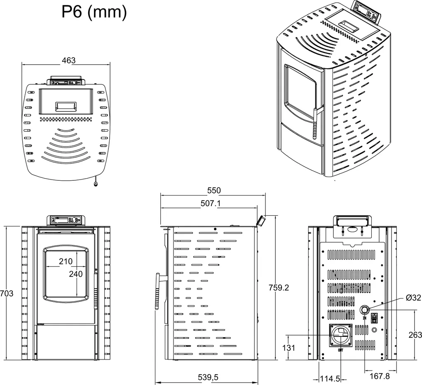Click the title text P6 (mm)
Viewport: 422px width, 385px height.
pos(94,12)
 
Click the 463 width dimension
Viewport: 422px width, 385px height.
pos(68,60)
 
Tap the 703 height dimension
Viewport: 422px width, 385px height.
pos(7,294)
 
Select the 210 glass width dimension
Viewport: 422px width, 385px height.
pos(66,261)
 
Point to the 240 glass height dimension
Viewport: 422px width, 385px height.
pos(76,274)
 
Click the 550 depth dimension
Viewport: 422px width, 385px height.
pos(214,190)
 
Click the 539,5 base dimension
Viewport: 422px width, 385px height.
pos(209,378)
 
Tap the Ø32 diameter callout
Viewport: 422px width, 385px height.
pos(413,298)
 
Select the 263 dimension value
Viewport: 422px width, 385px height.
pos(415,335)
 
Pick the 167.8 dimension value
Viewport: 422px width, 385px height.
pos(379,376)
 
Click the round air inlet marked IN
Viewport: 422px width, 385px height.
pos(365,310)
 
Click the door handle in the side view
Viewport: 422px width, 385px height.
pos(157,291)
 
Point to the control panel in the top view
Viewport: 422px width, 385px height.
pos(66,82)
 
